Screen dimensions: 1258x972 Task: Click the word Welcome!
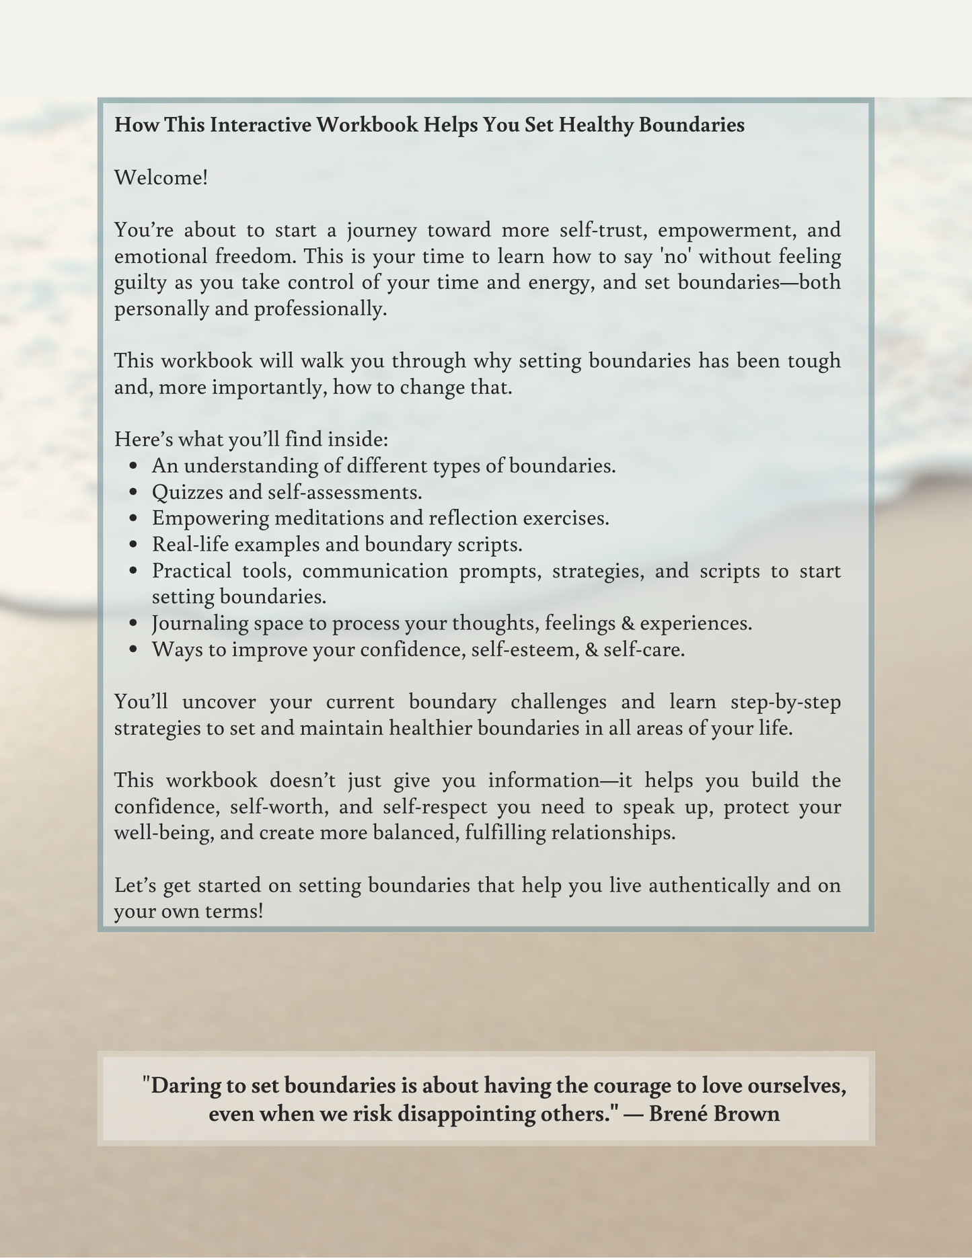pos(161,178)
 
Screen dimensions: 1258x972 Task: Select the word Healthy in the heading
pos(596,125)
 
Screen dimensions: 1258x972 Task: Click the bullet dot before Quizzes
pos(134,493)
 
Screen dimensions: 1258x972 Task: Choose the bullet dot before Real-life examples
pos(134,545)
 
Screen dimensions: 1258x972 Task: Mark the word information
pos(544,781)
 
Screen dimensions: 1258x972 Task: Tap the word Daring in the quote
pos(178,1086)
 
